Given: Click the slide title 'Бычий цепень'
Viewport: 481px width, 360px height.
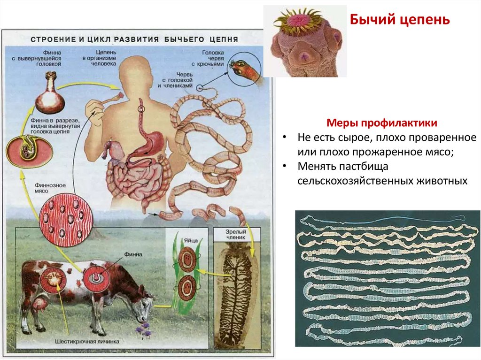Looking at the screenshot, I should pos(400,20).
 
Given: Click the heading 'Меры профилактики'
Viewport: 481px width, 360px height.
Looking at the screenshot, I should pos(382,123).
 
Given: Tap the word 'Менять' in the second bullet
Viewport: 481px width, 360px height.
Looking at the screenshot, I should pos(319,167).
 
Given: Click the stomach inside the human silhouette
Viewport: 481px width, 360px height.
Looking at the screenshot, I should pos(153,141).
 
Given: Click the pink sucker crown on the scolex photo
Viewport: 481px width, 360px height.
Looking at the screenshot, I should pos(299,21).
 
